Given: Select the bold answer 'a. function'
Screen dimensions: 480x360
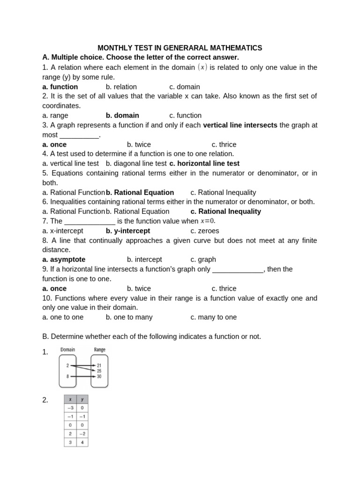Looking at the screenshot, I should coord(60,87).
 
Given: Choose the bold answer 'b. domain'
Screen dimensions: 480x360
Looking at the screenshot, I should coord(122,115).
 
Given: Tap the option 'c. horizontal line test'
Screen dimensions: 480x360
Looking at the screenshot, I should coord(204,164).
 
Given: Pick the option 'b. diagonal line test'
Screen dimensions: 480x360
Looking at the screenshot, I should coord(136,164).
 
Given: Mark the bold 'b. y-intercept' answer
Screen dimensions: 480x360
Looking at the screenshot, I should coord(128,231).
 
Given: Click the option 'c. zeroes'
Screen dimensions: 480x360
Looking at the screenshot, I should coord(205,231).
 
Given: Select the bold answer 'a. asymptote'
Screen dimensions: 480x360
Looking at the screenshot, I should coord(64,259).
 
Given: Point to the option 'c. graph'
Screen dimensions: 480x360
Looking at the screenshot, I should coord(203,259).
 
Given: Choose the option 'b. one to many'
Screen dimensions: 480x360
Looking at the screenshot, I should coord(129,317).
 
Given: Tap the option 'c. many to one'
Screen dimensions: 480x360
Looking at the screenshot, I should coord(214,317).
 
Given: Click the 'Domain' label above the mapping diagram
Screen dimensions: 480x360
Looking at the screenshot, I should coord(67,350).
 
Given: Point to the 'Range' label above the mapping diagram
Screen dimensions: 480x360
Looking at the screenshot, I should coord(99,350).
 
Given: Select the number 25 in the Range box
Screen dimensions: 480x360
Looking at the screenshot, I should coord(99,371).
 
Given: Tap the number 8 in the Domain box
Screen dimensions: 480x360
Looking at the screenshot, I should coord(67,376).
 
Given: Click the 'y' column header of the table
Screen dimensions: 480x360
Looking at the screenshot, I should coord(82,399).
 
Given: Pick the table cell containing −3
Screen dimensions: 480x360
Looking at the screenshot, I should coord(70,408).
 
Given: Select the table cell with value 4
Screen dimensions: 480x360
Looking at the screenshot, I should coord(82,442).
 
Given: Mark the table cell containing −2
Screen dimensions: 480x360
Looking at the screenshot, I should coord(82,433).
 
